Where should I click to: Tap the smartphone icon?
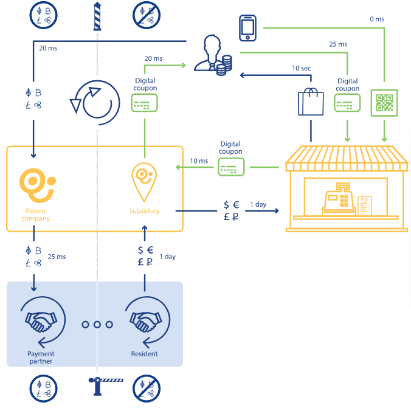tap(247, 28)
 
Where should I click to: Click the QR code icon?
tap(384, 102)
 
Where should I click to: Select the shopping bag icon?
tap(310, 102)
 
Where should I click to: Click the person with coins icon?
tap(213, 57)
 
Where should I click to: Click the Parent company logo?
tap(36, 185)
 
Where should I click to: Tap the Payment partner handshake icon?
tap(41, 320)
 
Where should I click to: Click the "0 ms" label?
tap(377, 19)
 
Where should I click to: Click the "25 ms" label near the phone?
tap(338, 44)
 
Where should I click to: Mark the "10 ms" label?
tap(199, 161)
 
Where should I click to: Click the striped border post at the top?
tap(95, 16)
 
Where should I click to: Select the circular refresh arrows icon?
tap(95, 99)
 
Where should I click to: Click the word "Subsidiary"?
tap(144, 211)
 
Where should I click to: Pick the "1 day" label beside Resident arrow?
tap(167, 257)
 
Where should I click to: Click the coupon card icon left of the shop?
tap(232, 167)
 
